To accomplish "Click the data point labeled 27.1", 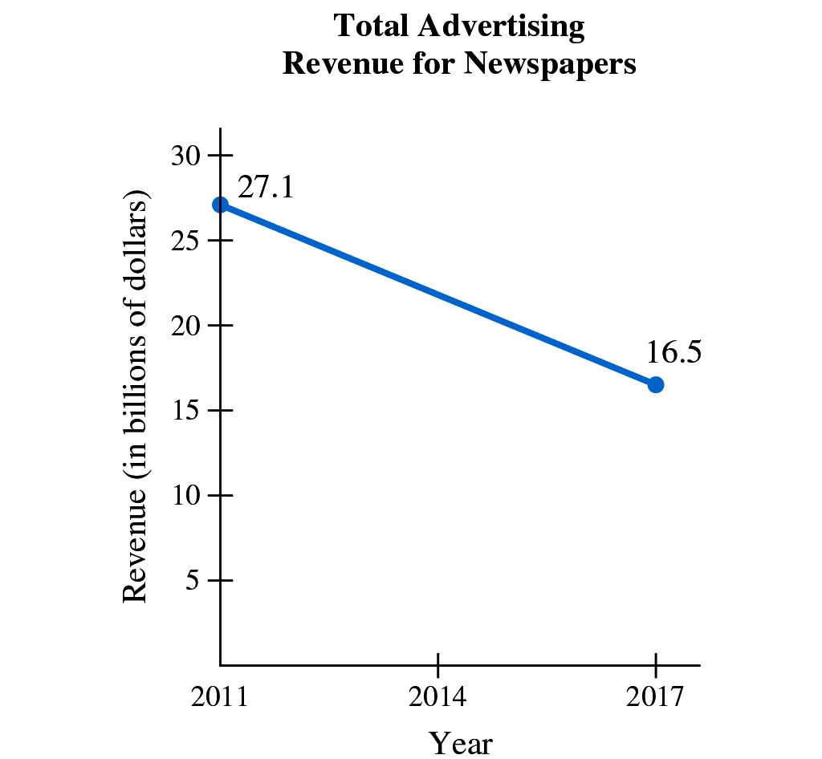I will (x=220, y=205).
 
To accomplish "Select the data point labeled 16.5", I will (x=656, y=384).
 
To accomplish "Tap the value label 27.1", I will (x=267, y=187).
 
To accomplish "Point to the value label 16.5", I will (x=674, y=352).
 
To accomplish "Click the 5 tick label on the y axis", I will (x=193, y=580).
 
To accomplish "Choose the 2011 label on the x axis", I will (x=220, y=696).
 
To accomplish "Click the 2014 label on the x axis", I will (x=437, y=696).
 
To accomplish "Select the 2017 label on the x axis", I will (x=655, y=696).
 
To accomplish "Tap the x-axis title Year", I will (x=460, y=742).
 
